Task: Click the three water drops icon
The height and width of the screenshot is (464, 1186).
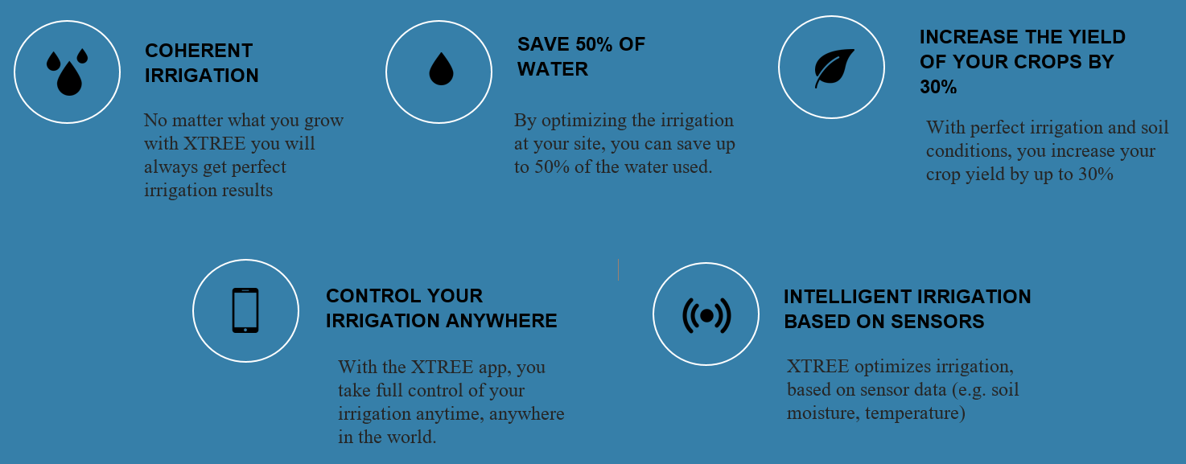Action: pyautogui.click(x=68, y=72)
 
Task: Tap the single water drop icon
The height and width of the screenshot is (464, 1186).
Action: pyautogui.click(x=441, y=69)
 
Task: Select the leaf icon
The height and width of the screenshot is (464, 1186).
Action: pyautogui.click(x=834, y=68)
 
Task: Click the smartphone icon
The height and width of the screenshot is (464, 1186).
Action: pyautogui.click(x=245, y=310)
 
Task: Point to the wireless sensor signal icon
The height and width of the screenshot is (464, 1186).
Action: pyautogui.click(x=706, y=316)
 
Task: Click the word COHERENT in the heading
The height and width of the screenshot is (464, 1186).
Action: pyautogui.click(x=199, y=51)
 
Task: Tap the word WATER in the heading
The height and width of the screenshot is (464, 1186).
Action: pyautogui.click(x=553, y=69)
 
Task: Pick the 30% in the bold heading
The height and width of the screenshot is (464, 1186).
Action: pyautogui.click(x=938, y=87)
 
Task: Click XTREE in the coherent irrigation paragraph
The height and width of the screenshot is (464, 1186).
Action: pyautogui.click(x=215, y=143)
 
